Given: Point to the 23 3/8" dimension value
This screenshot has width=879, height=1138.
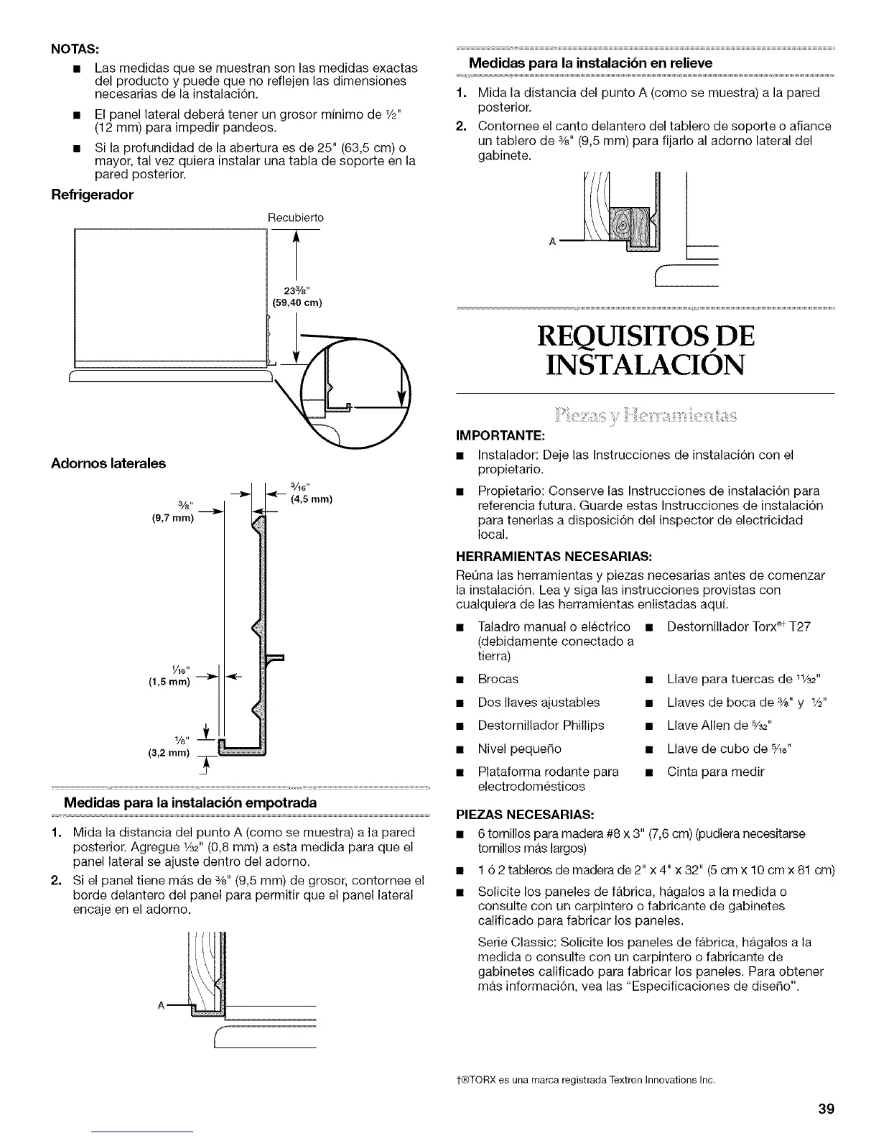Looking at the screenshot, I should pos(295,291).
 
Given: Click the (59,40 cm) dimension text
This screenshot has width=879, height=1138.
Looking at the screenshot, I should pos(295,302).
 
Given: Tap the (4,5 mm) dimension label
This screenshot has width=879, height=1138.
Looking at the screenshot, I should pos(310,499).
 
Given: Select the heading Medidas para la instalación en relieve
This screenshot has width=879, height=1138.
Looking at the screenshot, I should pos(590,63).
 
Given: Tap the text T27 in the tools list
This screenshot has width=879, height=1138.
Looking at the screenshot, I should pos(799,626).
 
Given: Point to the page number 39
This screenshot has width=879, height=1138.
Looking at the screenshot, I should pos(826,1108).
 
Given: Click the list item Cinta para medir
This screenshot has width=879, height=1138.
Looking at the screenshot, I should pos(715,772).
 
